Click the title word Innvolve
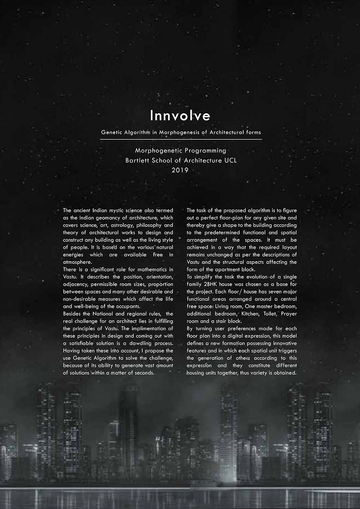click(x=180, y=116)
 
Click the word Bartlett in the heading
click(x=137, y=160)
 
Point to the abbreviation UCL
click(x=230, y=160)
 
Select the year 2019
click(x=180, y=170)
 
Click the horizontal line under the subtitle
click(x=181, y=139)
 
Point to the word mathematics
click(x=152, y=270)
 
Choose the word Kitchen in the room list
click(x=250, y=314)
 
